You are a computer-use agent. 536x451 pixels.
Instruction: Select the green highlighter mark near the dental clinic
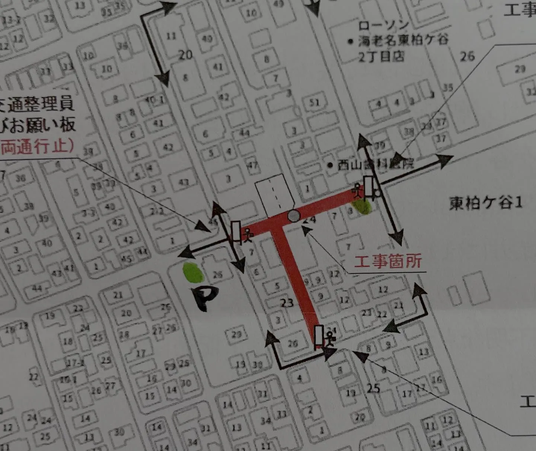point(362,207)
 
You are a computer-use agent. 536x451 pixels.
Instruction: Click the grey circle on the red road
point(294,216)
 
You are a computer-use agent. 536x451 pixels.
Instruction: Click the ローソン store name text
point(383,26)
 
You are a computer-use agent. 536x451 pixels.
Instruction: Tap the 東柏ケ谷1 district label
point(486,203)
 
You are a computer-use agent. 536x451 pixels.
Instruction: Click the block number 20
point(185,55)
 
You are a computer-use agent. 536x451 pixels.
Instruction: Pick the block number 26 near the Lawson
point(468,56)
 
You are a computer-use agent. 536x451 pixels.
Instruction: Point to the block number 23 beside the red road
point(287,303)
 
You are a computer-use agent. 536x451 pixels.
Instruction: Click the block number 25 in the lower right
point(373,388)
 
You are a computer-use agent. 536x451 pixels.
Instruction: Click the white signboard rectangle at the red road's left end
point(236,231)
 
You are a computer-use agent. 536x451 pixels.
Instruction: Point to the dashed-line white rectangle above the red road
point(275,197)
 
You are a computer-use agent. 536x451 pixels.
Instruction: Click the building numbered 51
point(315,102)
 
